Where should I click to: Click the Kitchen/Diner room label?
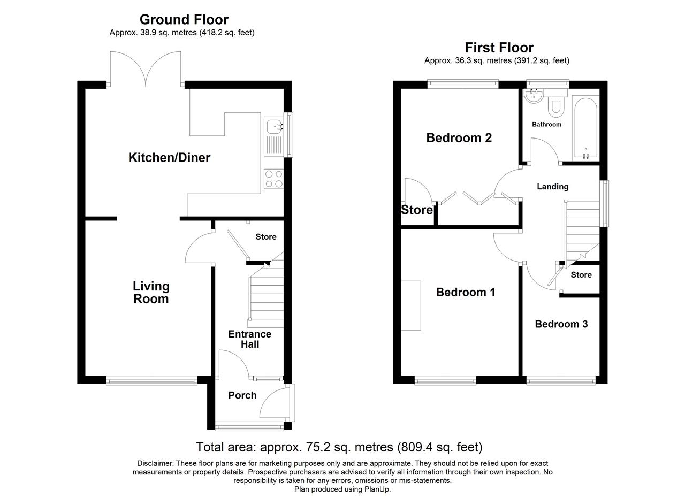169,158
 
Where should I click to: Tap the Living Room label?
151,293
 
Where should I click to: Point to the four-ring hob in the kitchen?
273,179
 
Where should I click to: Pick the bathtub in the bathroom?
585,128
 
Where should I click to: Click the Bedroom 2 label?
459,138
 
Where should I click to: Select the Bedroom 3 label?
561,324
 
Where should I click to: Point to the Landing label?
553,187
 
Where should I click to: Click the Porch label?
242,395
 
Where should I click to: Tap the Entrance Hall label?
249,339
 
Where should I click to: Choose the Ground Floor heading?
184,20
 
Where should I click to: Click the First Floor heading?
499,48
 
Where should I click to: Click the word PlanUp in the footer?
377,489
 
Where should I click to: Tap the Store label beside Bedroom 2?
416,210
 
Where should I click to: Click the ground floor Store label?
266,236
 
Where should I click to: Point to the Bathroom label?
546,125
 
